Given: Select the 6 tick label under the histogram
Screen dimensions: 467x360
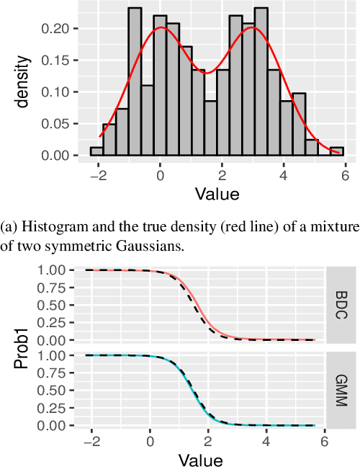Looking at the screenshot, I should point(345,174).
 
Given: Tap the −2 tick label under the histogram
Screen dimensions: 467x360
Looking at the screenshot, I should point(96,174).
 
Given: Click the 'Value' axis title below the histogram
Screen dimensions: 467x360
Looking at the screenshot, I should point(218,193).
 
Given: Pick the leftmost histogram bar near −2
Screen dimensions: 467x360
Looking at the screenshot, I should point(96,151).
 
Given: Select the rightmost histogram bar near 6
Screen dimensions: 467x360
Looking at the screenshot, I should point(337,151).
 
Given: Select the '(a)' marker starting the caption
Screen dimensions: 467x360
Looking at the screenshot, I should point(10,228).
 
